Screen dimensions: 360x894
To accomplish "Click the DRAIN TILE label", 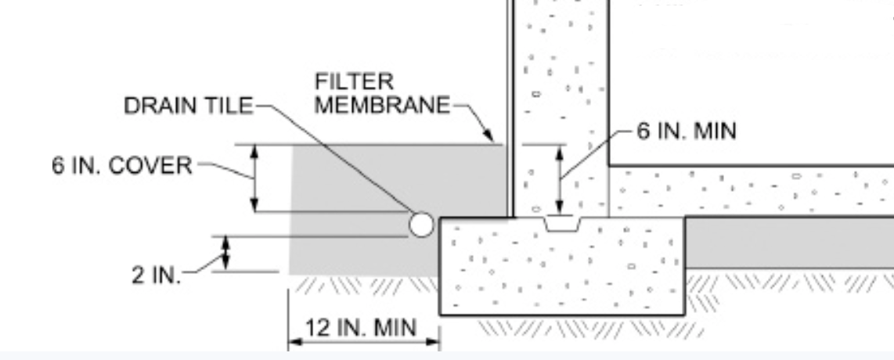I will coord(189,106).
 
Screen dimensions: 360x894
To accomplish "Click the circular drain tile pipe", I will coord(420,225).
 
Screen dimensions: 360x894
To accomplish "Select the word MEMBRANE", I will coord(383,105).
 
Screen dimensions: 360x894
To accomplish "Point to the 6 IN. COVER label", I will coord(121,167).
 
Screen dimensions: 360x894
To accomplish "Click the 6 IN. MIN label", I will coord(686,131).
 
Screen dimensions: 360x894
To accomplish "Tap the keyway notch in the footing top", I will coord(562,225).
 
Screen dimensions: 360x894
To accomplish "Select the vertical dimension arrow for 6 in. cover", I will coord(254,178).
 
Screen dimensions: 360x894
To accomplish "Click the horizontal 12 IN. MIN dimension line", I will coord(364,341).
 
